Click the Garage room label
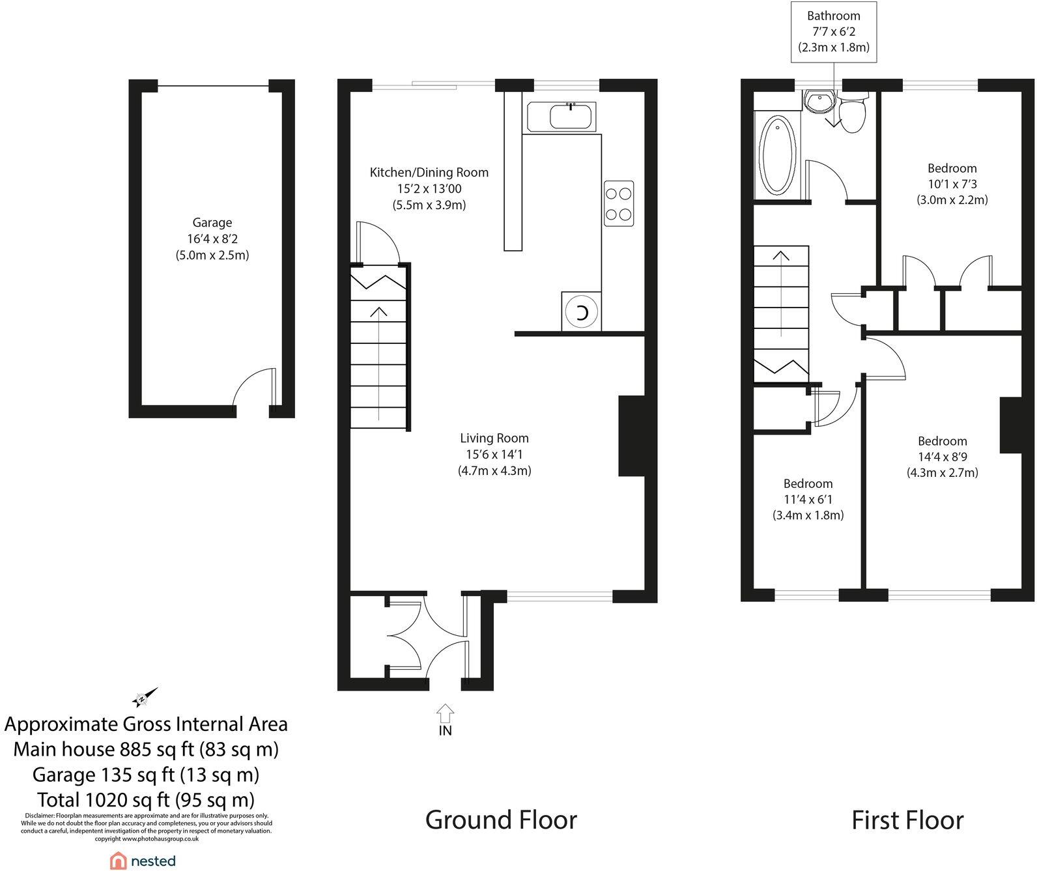[x=212, y=223]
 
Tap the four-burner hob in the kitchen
[x=618, y=203]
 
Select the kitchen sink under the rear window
[x=571, y=117]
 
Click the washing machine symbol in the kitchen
[x=582, y=312]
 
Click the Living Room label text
[x=494, y=438]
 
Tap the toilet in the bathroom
[x=852, y=113]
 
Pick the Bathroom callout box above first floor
[x=833, y=32]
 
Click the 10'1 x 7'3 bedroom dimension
[x=952, y=184]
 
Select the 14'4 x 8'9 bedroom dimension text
[x=942, y=457]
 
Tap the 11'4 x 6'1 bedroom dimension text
[x=808, y=500]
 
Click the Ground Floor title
[x=500, y=820]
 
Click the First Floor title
[x=907, y=820]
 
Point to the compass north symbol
[x=145, y=698]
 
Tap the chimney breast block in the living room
[x=630, y=436]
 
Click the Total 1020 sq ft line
[x=146, y=799]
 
